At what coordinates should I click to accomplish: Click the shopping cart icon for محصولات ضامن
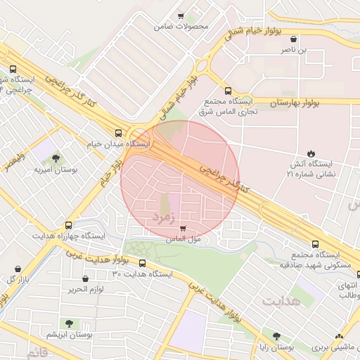coord(181,16)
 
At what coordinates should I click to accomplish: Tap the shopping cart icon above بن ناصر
coord(302,39)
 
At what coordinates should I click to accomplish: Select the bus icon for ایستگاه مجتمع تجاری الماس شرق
coord(227,91)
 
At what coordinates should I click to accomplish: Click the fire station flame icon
coord(311,153)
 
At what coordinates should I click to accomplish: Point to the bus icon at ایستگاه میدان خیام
coord(118,132)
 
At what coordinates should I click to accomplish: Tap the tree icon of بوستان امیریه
coord(56,157)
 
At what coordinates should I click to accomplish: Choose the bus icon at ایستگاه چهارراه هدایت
coord(68,225)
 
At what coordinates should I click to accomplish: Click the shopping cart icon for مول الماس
coord(184,229)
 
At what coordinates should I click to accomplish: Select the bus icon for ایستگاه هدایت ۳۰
coord(143,264)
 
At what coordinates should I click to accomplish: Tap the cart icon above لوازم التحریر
coord(86,278)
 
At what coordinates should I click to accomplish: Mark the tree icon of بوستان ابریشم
coord(69,323)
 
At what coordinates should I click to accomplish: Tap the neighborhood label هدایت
coord(281,301)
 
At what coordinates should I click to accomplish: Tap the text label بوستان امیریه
coord(55,170)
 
